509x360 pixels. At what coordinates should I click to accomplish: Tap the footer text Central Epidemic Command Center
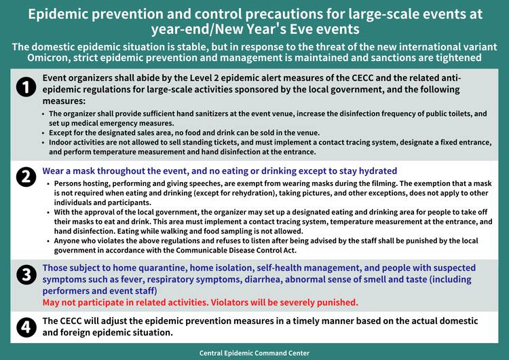[x=254, y=353]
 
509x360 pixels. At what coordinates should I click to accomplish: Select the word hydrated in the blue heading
[x=372, y=171]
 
